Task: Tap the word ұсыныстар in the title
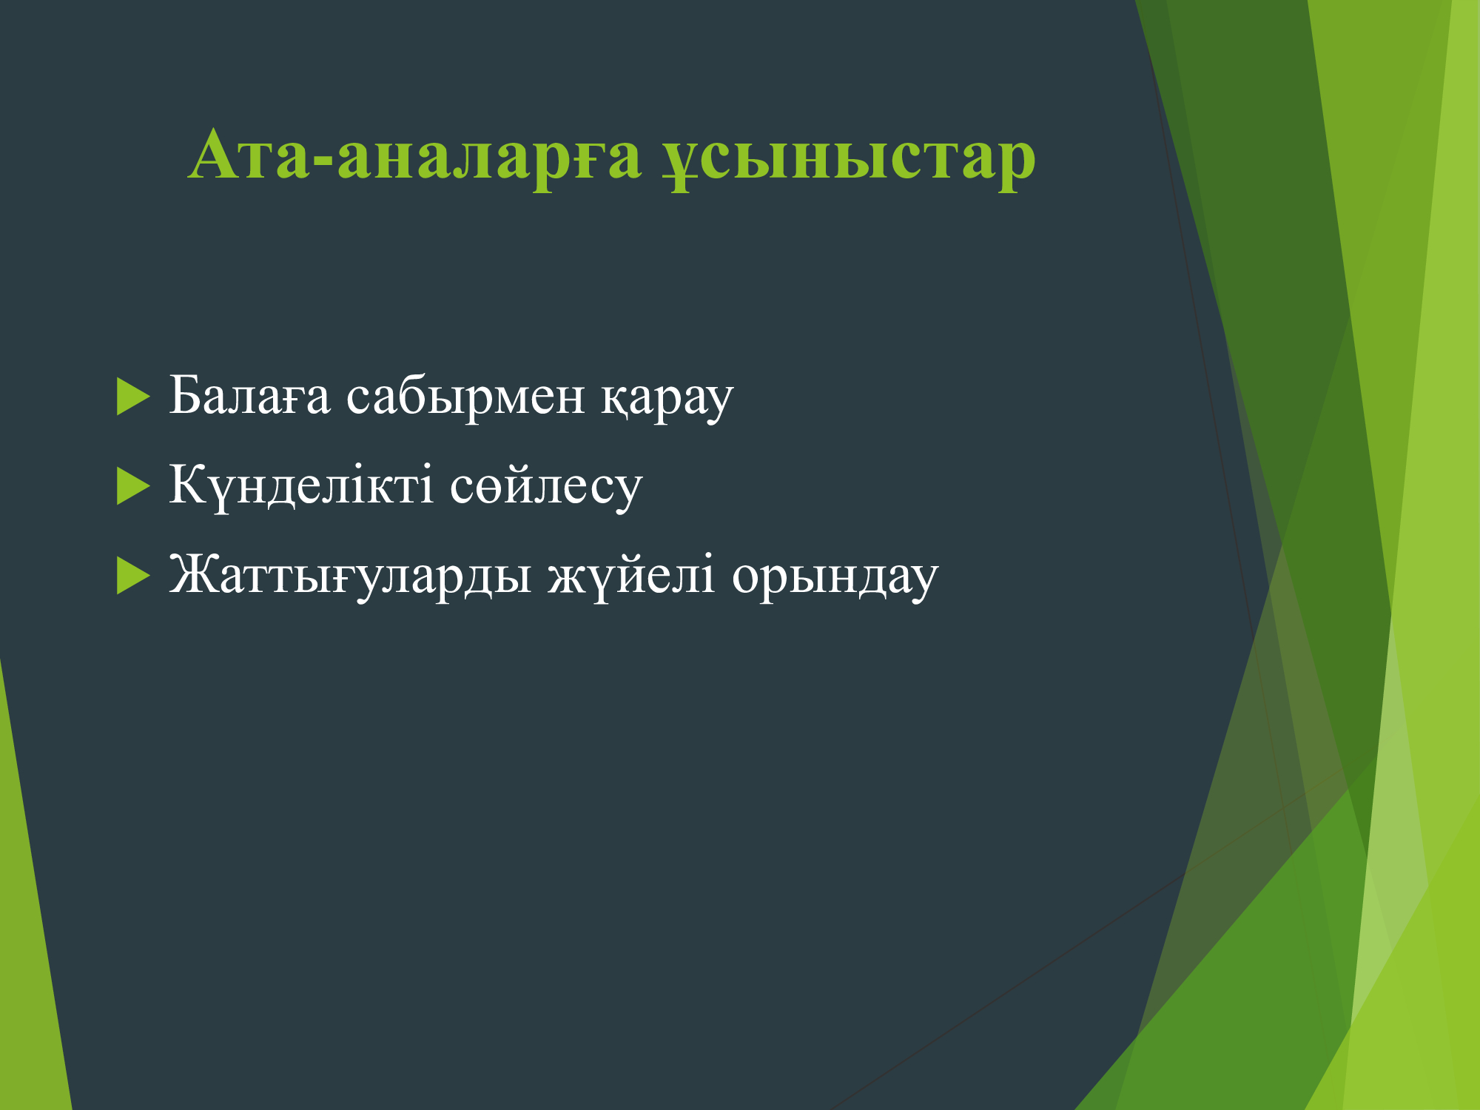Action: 849,159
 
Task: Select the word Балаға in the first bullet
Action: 249,395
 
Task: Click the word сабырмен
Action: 465,398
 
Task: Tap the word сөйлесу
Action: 546,488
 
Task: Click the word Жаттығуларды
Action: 350,575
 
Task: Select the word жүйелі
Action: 631,575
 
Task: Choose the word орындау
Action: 835,578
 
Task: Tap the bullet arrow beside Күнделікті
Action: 133,486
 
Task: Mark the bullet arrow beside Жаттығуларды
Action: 133,576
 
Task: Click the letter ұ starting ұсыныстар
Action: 680,165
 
